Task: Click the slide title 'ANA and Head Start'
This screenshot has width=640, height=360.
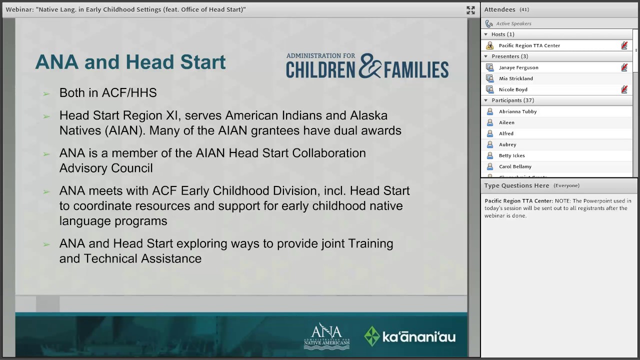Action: [x=130, y=62]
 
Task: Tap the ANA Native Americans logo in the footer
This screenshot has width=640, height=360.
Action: [x=326, y=336]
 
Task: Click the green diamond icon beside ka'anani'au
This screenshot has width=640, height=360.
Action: [x=371, y=336]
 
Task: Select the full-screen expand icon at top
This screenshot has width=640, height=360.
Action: [x=470, y=10]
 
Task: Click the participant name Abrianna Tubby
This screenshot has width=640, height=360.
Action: [x=517, y=111]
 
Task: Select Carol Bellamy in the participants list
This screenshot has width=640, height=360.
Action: [x=515, y=166]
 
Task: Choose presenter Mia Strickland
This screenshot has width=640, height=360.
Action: [x=515, y=78]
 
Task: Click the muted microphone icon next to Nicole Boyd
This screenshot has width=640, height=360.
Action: [x=624, y=89]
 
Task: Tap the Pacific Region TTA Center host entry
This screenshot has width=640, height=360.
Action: [x=529, y=45]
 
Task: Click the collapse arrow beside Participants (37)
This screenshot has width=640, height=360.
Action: [x=485, y=100]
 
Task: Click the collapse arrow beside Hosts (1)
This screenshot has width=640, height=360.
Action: [x=485, y=34]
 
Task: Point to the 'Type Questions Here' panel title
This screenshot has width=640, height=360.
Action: [x=516, y=185]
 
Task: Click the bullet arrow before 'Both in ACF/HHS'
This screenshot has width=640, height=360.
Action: [x=46, y=93]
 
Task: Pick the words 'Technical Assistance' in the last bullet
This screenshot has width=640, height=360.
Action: [x=142, y=258]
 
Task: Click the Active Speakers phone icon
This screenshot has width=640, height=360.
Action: [x=489, y=23]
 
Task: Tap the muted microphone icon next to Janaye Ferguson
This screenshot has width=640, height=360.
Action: [x=624, y=67]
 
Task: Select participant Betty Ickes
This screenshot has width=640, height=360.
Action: [x=511, y=155]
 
